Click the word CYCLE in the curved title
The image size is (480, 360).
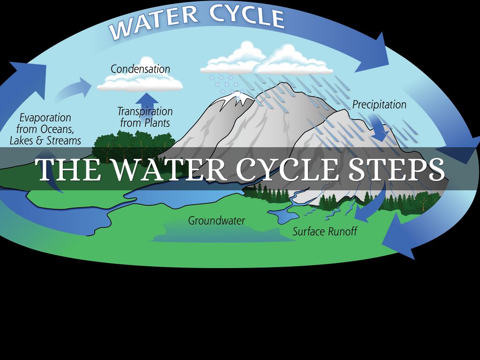247,15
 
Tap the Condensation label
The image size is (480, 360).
140,69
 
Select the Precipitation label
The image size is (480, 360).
379,104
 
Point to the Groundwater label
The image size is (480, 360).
217,220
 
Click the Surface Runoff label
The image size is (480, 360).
325,231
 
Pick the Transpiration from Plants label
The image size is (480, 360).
145,117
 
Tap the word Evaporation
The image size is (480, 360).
45,118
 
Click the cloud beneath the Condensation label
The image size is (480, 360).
140,82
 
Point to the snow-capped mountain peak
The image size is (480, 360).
234,98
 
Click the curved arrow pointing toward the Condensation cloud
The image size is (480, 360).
75,88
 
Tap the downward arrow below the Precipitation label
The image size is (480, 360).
379,127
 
